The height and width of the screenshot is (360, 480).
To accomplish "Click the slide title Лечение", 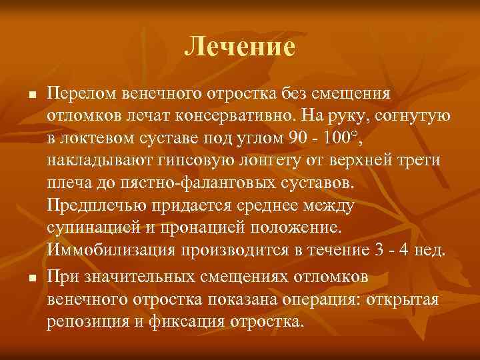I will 239,46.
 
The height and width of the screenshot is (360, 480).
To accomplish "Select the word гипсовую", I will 186,161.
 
